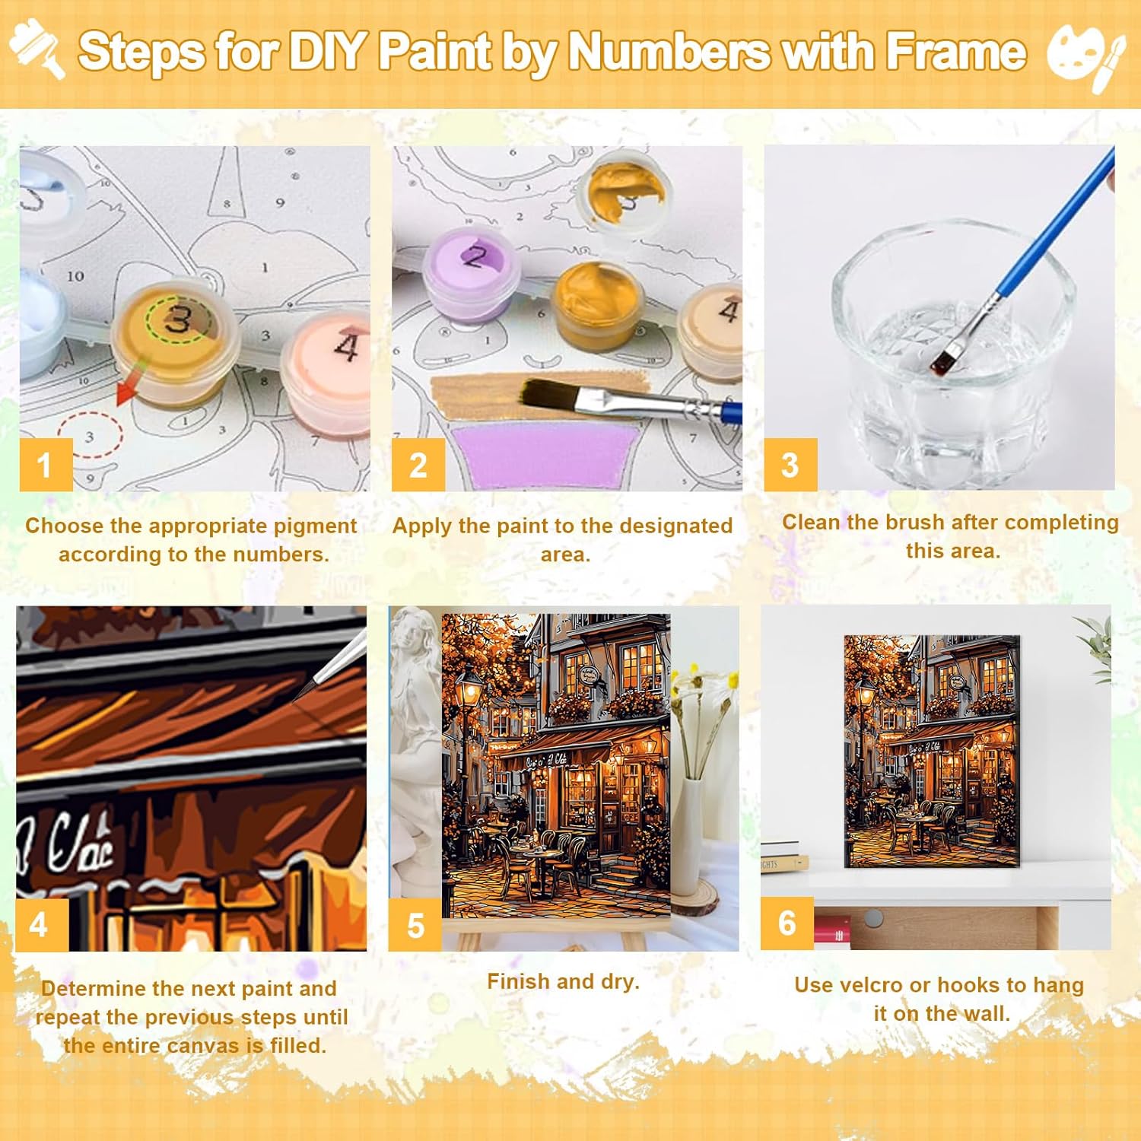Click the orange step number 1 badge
(x=46, y=465)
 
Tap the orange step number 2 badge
(x=418, y=465)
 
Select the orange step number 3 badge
(x=790, y=465)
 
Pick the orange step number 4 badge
(x=42, y=925)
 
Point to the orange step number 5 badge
(x=415, y=925)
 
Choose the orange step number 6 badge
(x=787, y=923)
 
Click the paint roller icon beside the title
(x=37, y=48)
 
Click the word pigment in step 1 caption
(x=315, y=526)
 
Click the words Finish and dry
(x=563, y=982)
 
